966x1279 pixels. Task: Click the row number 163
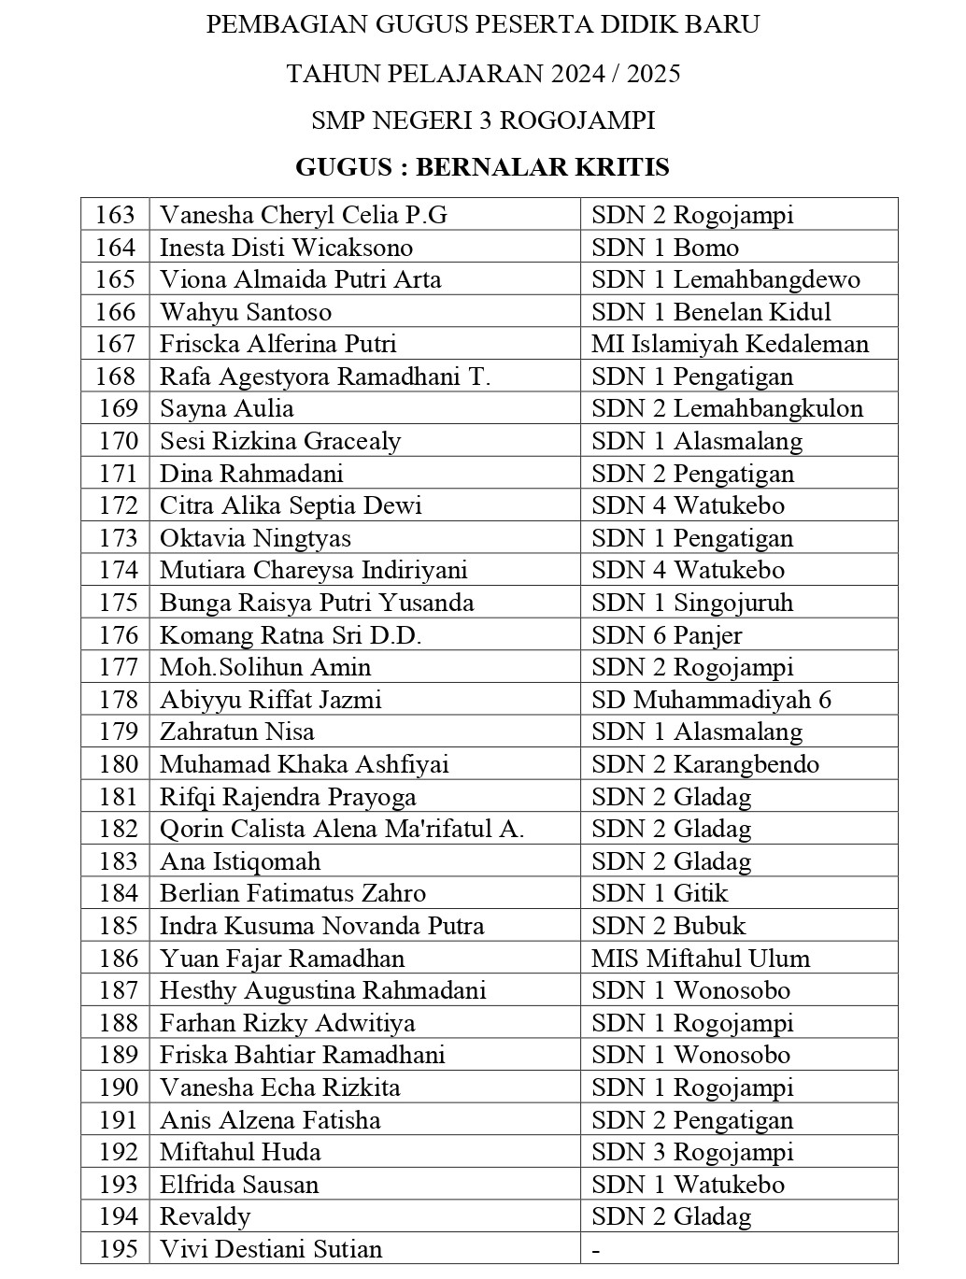115,215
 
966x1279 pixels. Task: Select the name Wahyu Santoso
246,312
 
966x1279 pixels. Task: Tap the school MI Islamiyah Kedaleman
730,344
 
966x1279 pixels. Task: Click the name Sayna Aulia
227,408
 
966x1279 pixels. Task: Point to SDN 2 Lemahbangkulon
727,408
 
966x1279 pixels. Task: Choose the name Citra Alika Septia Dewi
291,505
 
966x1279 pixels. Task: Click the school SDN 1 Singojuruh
692,603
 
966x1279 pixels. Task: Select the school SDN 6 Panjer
666,635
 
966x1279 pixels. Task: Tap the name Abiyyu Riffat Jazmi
270,700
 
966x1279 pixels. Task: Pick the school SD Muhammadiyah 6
711,700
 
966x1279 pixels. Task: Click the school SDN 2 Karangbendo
705,764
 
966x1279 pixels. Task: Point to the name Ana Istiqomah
240,861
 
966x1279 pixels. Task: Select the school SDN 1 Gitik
660,893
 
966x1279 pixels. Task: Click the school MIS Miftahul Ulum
701,959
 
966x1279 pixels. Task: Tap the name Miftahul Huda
240,1152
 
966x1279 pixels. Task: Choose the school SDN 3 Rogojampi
692,1152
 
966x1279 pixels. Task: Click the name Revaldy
206,1216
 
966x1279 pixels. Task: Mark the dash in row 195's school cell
596,1250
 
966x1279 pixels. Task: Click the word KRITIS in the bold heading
621,167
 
